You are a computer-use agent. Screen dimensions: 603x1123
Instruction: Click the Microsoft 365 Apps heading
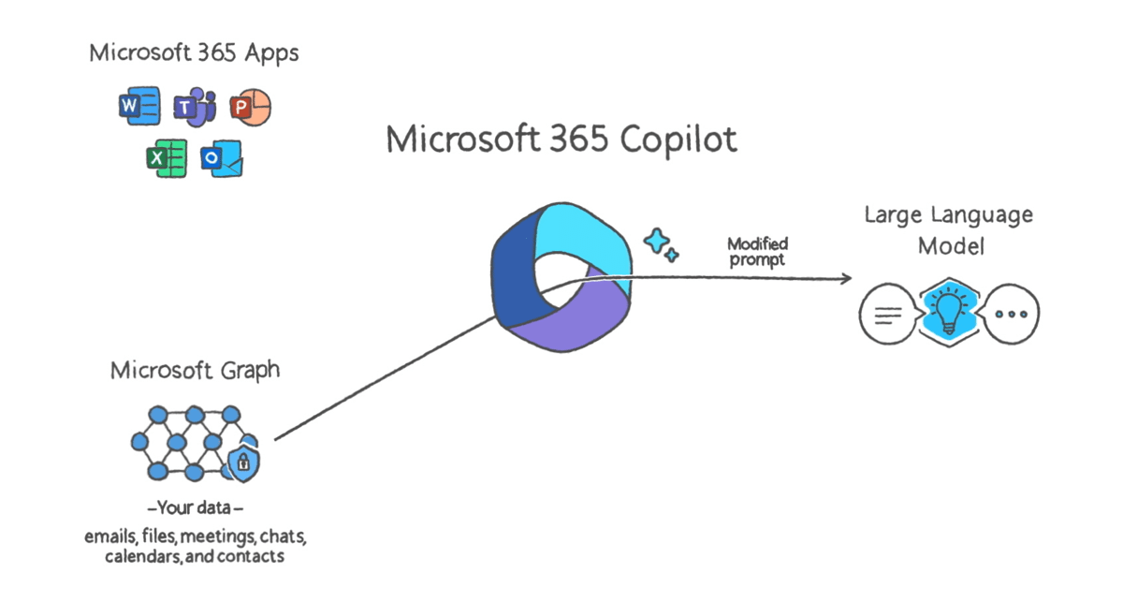[x=194, y=52]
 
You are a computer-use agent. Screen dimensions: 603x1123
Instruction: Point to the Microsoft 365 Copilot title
[x=561, y=140]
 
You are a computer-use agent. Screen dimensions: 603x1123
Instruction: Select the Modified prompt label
[x=757, y=252]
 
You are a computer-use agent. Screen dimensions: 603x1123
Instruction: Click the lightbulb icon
[x=949, y=312]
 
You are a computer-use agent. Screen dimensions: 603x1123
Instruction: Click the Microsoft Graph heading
[x=195, y=370]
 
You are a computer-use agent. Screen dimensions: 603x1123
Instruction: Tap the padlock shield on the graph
[x=243, y=461]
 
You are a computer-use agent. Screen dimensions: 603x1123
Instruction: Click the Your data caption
[x=196, y=510]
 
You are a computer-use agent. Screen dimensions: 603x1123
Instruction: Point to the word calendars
[x=122, y=556]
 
